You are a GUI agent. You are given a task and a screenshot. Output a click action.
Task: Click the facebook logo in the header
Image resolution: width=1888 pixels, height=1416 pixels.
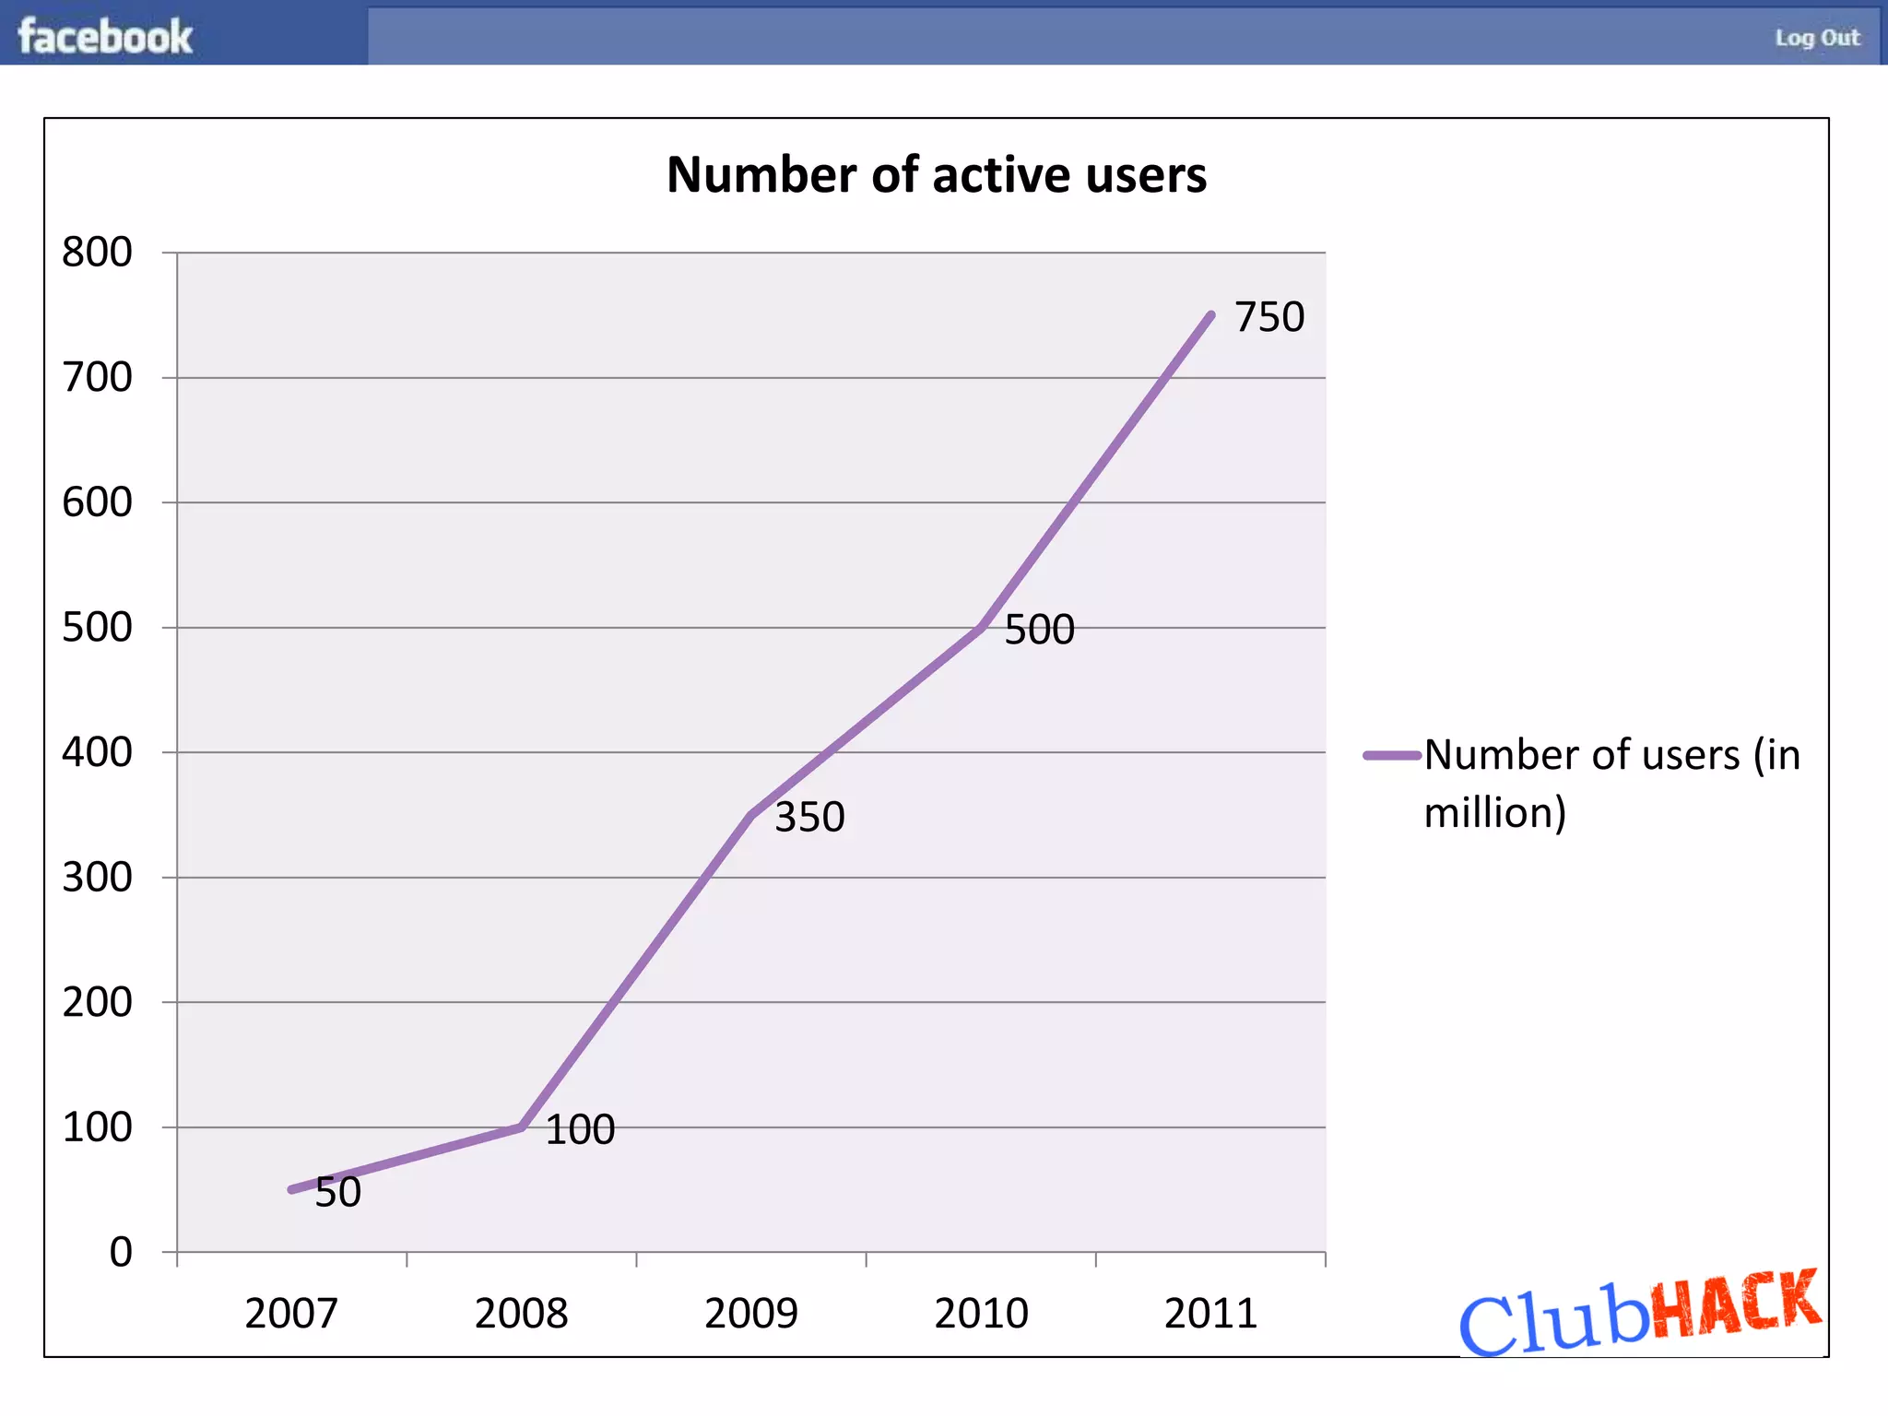pos(105,37)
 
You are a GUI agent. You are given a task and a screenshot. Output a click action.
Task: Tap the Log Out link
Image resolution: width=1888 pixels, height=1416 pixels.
pos(1817,38)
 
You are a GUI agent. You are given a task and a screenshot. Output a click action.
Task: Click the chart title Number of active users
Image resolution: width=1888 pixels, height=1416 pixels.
pos(936,174)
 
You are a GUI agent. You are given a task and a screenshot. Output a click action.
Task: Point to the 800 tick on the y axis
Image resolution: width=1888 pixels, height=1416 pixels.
pos(97,252)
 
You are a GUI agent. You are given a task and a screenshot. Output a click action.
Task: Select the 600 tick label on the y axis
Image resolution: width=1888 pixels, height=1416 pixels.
pos(97,502)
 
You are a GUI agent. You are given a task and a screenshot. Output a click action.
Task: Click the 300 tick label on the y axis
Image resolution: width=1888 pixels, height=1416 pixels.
pos(97,877)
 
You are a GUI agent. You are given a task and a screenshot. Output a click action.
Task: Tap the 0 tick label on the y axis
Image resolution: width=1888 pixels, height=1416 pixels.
pos(121,1252)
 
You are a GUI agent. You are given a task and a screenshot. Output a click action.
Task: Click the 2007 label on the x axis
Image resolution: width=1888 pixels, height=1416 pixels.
pos(291,1313)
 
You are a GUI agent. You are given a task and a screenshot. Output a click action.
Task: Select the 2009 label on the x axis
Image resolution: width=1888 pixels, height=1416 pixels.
pos(750,1313)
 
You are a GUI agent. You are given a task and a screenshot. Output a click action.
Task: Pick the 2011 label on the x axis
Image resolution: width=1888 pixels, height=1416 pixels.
pos(1210,1313)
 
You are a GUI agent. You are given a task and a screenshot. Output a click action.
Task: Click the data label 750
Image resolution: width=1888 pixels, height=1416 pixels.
pos(1269,316)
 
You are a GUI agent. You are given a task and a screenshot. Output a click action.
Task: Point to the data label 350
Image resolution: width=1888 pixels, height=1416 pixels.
pos(809,817)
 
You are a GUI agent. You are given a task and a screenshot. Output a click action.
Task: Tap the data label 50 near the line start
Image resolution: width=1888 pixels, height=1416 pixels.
pos(337,1192)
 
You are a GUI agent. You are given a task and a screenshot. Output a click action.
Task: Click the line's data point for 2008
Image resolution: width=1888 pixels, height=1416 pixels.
pos(522,1127)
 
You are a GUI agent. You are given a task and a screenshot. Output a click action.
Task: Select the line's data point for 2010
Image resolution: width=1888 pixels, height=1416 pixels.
pos(981,628)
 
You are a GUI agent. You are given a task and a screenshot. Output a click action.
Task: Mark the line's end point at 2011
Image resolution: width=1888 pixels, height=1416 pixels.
pos(1210,315)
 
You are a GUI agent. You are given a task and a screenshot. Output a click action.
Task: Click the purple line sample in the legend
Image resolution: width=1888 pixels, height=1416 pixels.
pos(1392,755)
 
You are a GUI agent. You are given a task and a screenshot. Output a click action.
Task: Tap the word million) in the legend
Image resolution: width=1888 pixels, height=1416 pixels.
pos(1494,812)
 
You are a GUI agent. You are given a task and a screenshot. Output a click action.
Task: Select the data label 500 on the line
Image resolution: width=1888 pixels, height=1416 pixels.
pos(1039,630)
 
